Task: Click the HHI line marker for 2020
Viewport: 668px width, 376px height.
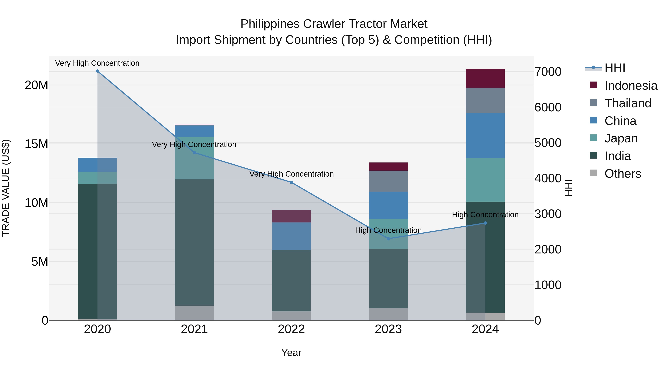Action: pos(97,71)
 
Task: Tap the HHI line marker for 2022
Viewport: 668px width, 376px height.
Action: pos(291,182)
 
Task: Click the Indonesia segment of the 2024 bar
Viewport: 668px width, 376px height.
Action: pos(485,78)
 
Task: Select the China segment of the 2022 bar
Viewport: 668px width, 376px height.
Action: pos(291,236)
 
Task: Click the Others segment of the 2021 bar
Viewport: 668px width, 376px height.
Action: pos(194,313)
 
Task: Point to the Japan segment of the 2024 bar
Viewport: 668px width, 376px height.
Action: pos(485,180)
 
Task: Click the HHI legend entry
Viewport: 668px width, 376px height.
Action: pos(615,68)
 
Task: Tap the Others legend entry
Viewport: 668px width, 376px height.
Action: pos(622,174)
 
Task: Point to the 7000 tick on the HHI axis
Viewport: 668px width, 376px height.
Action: pos(548,72)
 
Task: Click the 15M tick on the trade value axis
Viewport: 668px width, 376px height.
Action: pos(36,144)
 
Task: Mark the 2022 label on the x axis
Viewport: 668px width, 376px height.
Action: pos(291,329)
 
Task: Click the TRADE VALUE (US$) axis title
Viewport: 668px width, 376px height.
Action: pos(6,188)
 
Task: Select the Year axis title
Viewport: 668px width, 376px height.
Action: pos(291,353)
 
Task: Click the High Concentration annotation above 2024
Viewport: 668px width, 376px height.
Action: pos(485,215)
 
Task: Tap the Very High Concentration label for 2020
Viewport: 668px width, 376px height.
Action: pos(97,63)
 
